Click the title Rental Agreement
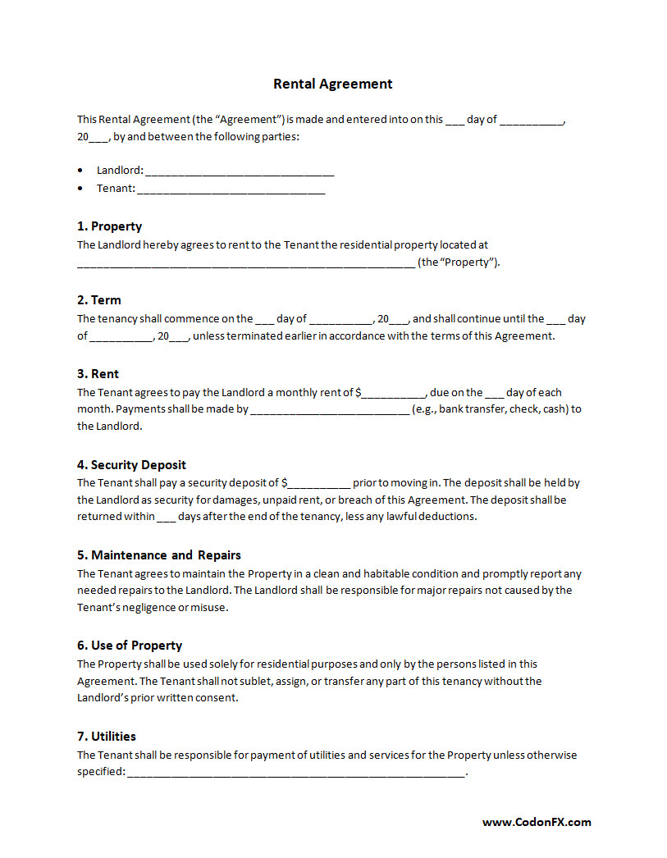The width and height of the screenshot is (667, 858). pyautogui.click(x=332, y=84)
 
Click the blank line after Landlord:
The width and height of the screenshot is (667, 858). pyautogui.click(x=240, y=172)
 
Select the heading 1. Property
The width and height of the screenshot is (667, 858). pyautogui.click(x=109, y=226)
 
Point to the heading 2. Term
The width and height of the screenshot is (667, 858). pyautogui.click(x=98, y=300)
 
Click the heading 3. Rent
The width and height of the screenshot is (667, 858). pyautogui.click(x=98, y=374)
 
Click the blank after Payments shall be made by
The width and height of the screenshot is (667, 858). pyautogui.click(x=329, y=410)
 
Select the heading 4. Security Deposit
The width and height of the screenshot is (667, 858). pyautogui.click(x=131, y=465)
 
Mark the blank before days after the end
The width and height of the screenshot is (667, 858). pyautogui.click(x=166, y=518)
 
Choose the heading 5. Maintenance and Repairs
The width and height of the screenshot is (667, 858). pyautogui.click(x=158, y=555)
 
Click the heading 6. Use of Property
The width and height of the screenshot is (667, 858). pyautogui.click(x=129, y=646)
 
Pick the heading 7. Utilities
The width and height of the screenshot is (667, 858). pyautogui.click(x=106, y=737)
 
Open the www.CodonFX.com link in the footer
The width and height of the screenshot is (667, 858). pyautogui.click(x=536, y=822)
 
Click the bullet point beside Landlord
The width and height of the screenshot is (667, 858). pyautogui.click(x=80, y=171)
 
